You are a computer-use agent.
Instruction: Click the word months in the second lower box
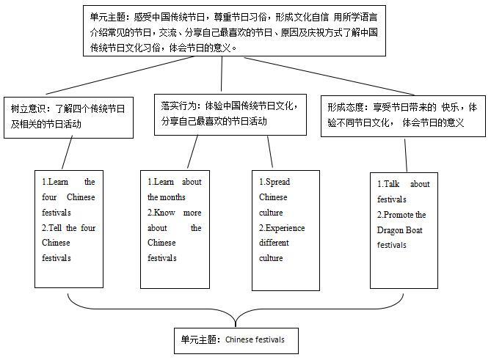(174, 196)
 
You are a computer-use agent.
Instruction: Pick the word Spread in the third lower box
(277, 181)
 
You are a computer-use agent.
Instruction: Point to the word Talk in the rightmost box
(395, 184)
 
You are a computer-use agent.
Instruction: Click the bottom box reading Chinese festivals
(236, 339)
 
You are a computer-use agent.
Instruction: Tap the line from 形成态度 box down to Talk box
(406, 155)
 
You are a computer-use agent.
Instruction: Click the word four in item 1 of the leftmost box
(49, 196)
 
